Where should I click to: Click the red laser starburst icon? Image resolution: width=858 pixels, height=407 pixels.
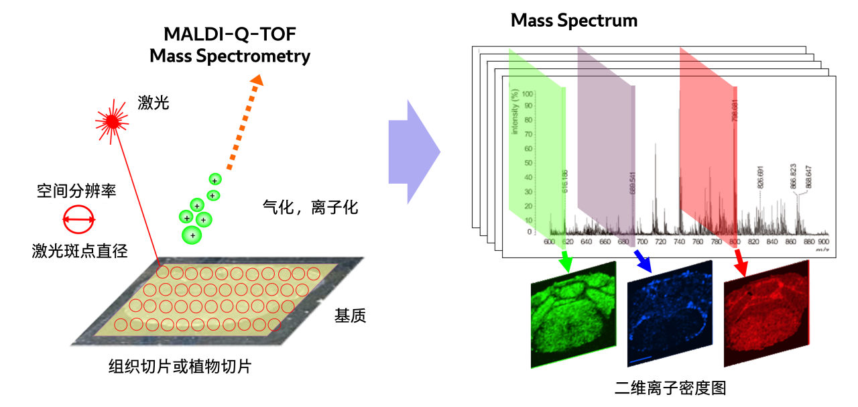click(111, 121)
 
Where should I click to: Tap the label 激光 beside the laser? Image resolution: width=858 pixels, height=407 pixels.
click(154, 102)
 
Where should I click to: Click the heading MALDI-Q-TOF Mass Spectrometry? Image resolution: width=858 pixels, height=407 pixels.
click(230, 44)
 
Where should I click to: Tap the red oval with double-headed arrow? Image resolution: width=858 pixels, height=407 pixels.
click(79, 219)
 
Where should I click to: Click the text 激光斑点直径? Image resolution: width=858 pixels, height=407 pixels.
click(80, 251)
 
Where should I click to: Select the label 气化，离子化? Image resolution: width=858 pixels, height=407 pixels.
click(310, 207)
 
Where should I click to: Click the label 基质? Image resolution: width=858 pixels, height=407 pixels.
click(350, 316)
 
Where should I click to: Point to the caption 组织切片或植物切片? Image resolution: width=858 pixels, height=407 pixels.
click(180, 366)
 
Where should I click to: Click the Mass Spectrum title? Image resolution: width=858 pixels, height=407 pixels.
click(574, 20)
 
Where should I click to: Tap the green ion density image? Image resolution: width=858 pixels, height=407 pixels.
click(573, 315)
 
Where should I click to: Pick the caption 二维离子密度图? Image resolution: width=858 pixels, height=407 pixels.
click(670, 388)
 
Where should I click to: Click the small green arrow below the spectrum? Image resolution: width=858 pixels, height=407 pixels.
click(566, 261)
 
